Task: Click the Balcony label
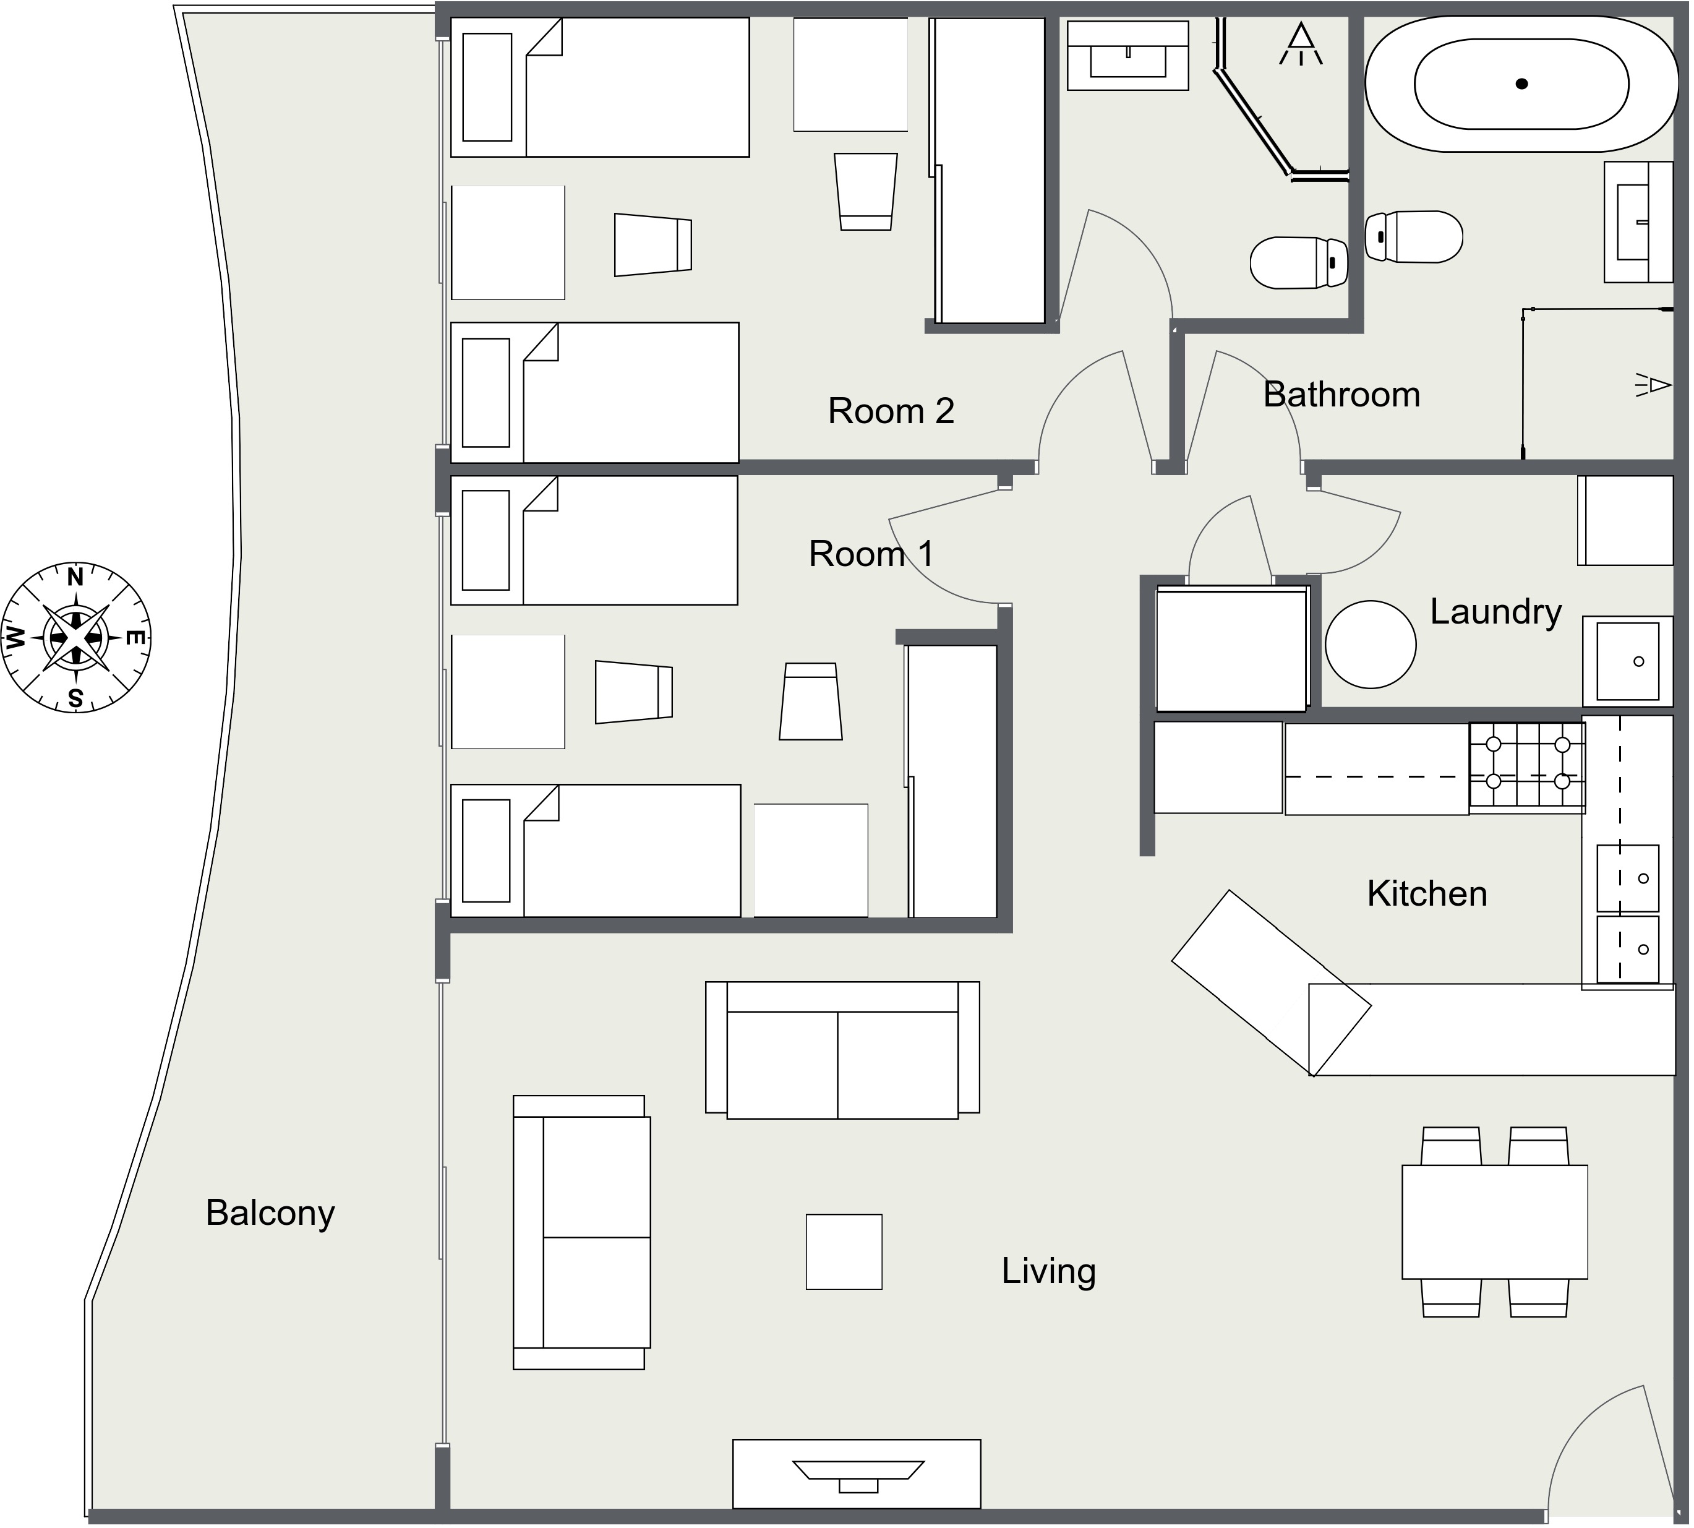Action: coord(270,1214)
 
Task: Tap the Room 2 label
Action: coord(891,411)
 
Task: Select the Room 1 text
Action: coord(871,554)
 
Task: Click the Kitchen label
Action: coord(1427,893)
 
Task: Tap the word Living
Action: coord(1048,1272)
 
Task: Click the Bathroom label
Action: coord(1341,395)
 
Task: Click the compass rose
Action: coord(75,637)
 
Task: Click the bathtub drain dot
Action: coord(1521,84)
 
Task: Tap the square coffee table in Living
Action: coord(844,1251)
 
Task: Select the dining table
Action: coord(1494,1222)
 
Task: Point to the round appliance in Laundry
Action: coord(1370,645)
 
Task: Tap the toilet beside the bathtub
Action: coord(1414,237)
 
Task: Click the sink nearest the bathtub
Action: coord(1638,221)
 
